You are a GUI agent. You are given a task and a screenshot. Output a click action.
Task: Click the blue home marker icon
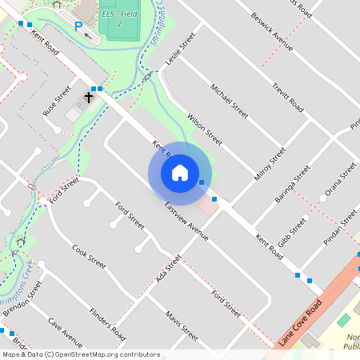pos(180,173)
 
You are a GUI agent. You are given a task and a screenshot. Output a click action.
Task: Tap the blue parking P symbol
pos(78,26)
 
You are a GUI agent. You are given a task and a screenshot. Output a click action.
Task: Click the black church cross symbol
pos(88,98)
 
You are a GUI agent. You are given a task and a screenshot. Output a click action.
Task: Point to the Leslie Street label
pos(180,52)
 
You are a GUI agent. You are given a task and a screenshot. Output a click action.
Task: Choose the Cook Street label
pos(89,255)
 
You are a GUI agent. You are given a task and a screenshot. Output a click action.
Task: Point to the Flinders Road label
pos(106,322)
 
